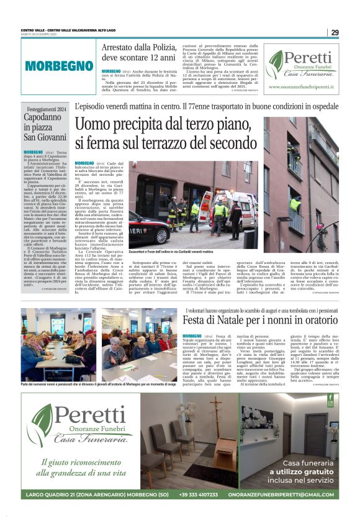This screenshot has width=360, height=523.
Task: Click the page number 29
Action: [x=335, y=32]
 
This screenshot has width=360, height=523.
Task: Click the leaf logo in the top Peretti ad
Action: [x=276, y=63]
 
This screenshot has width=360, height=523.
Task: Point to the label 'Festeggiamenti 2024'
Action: [x=47, y=109]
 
